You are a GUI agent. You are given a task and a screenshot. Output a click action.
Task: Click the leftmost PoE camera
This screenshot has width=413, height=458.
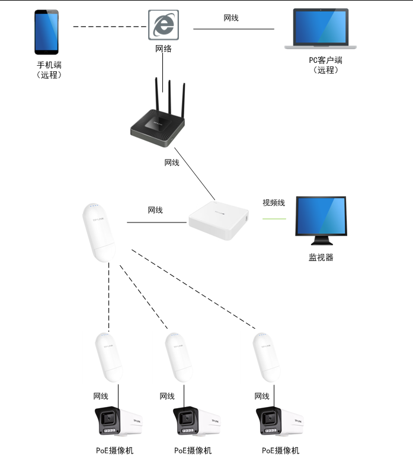click(117, 422)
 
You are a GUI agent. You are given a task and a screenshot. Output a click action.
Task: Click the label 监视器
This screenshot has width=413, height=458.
click(321, 257)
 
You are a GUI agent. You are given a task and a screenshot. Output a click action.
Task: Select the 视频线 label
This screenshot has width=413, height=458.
click(274, 203)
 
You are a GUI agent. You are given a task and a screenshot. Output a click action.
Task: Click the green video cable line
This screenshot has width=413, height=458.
click(274, 219)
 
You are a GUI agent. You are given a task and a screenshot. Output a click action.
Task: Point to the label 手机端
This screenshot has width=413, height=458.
click(49, 65)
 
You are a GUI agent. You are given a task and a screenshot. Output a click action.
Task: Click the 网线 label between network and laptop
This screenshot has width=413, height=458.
click(231, 18)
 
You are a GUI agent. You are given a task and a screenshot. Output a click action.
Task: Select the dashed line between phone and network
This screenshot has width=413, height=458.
click(110, 26)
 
